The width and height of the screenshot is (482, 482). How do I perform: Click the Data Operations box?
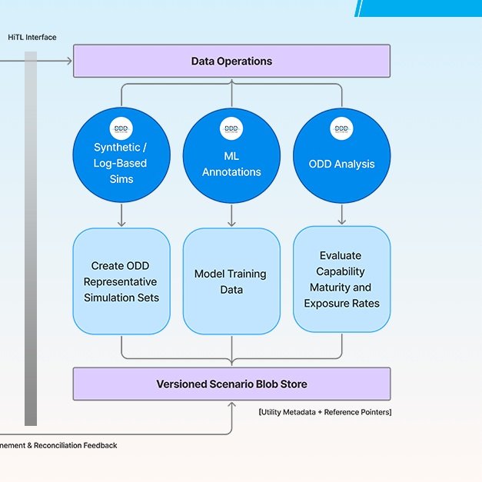tap(231, 61)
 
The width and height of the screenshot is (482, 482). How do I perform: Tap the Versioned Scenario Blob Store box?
tap(231, 384)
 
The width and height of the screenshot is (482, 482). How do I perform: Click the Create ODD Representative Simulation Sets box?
tap(121, 281)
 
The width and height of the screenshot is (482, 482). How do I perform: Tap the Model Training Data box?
tap(231, 281)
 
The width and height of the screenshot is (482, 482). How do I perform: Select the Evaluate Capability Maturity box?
tap(341, 278)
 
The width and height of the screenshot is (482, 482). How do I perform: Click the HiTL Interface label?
tap(32, 37)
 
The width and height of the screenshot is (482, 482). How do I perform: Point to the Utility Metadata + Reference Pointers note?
tap(325, 413)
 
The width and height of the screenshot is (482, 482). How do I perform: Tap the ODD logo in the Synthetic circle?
tap(121, 129)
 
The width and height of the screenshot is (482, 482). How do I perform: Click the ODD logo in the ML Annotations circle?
tap(231, 129)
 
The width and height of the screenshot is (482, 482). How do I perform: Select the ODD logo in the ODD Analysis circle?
tap(341, 129)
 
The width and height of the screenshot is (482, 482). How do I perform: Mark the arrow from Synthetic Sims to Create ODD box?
tap(121, 215)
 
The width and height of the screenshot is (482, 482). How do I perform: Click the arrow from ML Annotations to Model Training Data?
tap(231, 215)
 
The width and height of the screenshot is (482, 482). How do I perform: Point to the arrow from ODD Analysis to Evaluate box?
tap(341, 214)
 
